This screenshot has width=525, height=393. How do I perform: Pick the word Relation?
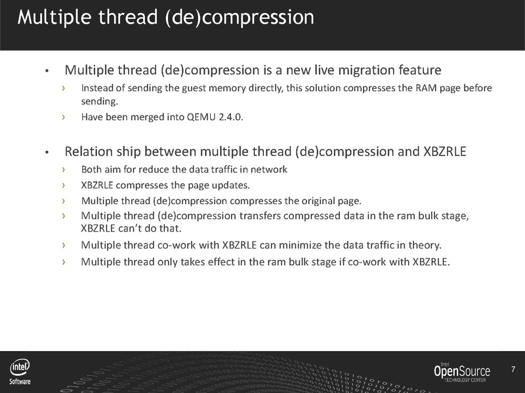(x=87, y=152)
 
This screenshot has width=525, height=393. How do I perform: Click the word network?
(x=270, y=170)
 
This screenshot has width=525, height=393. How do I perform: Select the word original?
(x=314, y=200)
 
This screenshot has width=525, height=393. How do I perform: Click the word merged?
(x=151, y=117)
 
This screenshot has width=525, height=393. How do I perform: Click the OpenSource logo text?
(x=461, y=371)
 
